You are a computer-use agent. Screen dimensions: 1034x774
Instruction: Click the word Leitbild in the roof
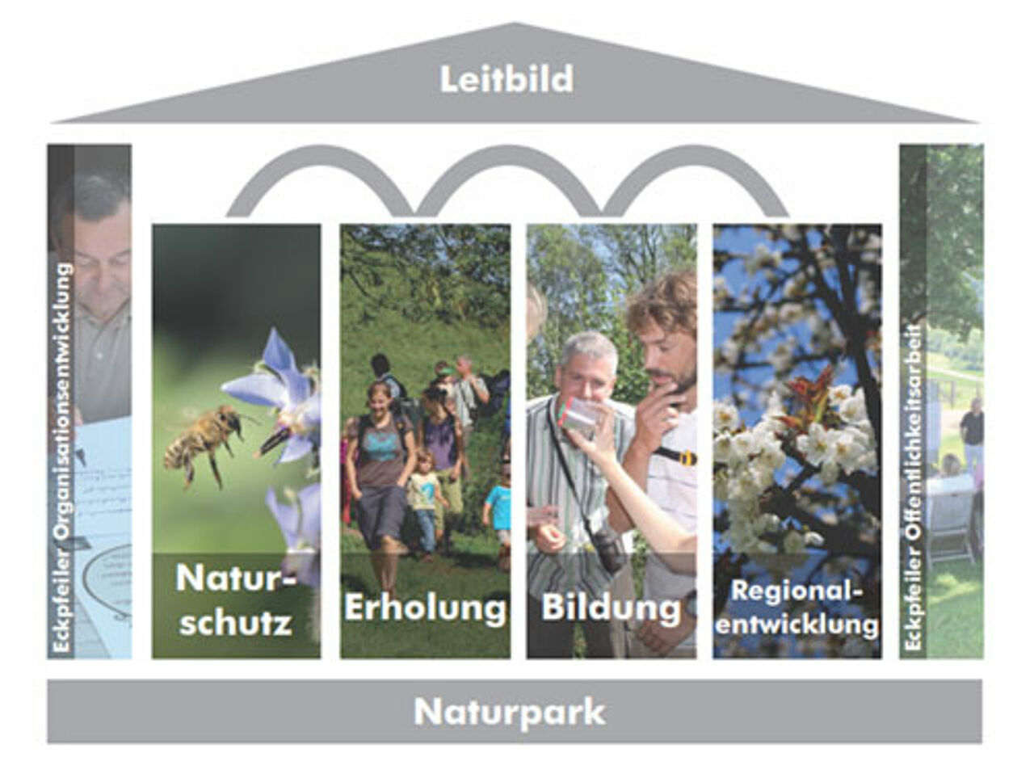pyautogui.click(x=506, y=79)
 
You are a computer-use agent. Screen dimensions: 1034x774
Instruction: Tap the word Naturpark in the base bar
pyautogui.click(x=510, y=713)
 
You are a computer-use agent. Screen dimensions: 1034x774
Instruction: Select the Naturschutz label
pyautogui.click(x=236, y=600)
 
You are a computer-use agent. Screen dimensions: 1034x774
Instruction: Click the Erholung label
pyautogui.click(x=426, y=608)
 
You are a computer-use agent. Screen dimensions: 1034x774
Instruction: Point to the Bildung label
pyautogui.click(x=611, y=608)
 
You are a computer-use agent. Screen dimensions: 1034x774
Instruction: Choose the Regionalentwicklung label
pyautogui.click(x=797, y=608)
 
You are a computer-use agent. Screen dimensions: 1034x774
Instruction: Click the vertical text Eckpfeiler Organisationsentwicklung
pyautogui.click(x=63, y=457)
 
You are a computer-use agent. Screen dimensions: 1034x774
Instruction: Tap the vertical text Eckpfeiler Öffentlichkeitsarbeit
pyautogui.click(x=914, y=487)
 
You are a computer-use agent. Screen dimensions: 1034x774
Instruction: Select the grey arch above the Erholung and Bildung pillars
pyautogui.click(x=509, y=155)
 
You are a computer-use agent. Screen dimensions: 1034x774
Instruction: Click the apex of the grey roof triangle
pyautogui.click(x=515, y=23)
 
